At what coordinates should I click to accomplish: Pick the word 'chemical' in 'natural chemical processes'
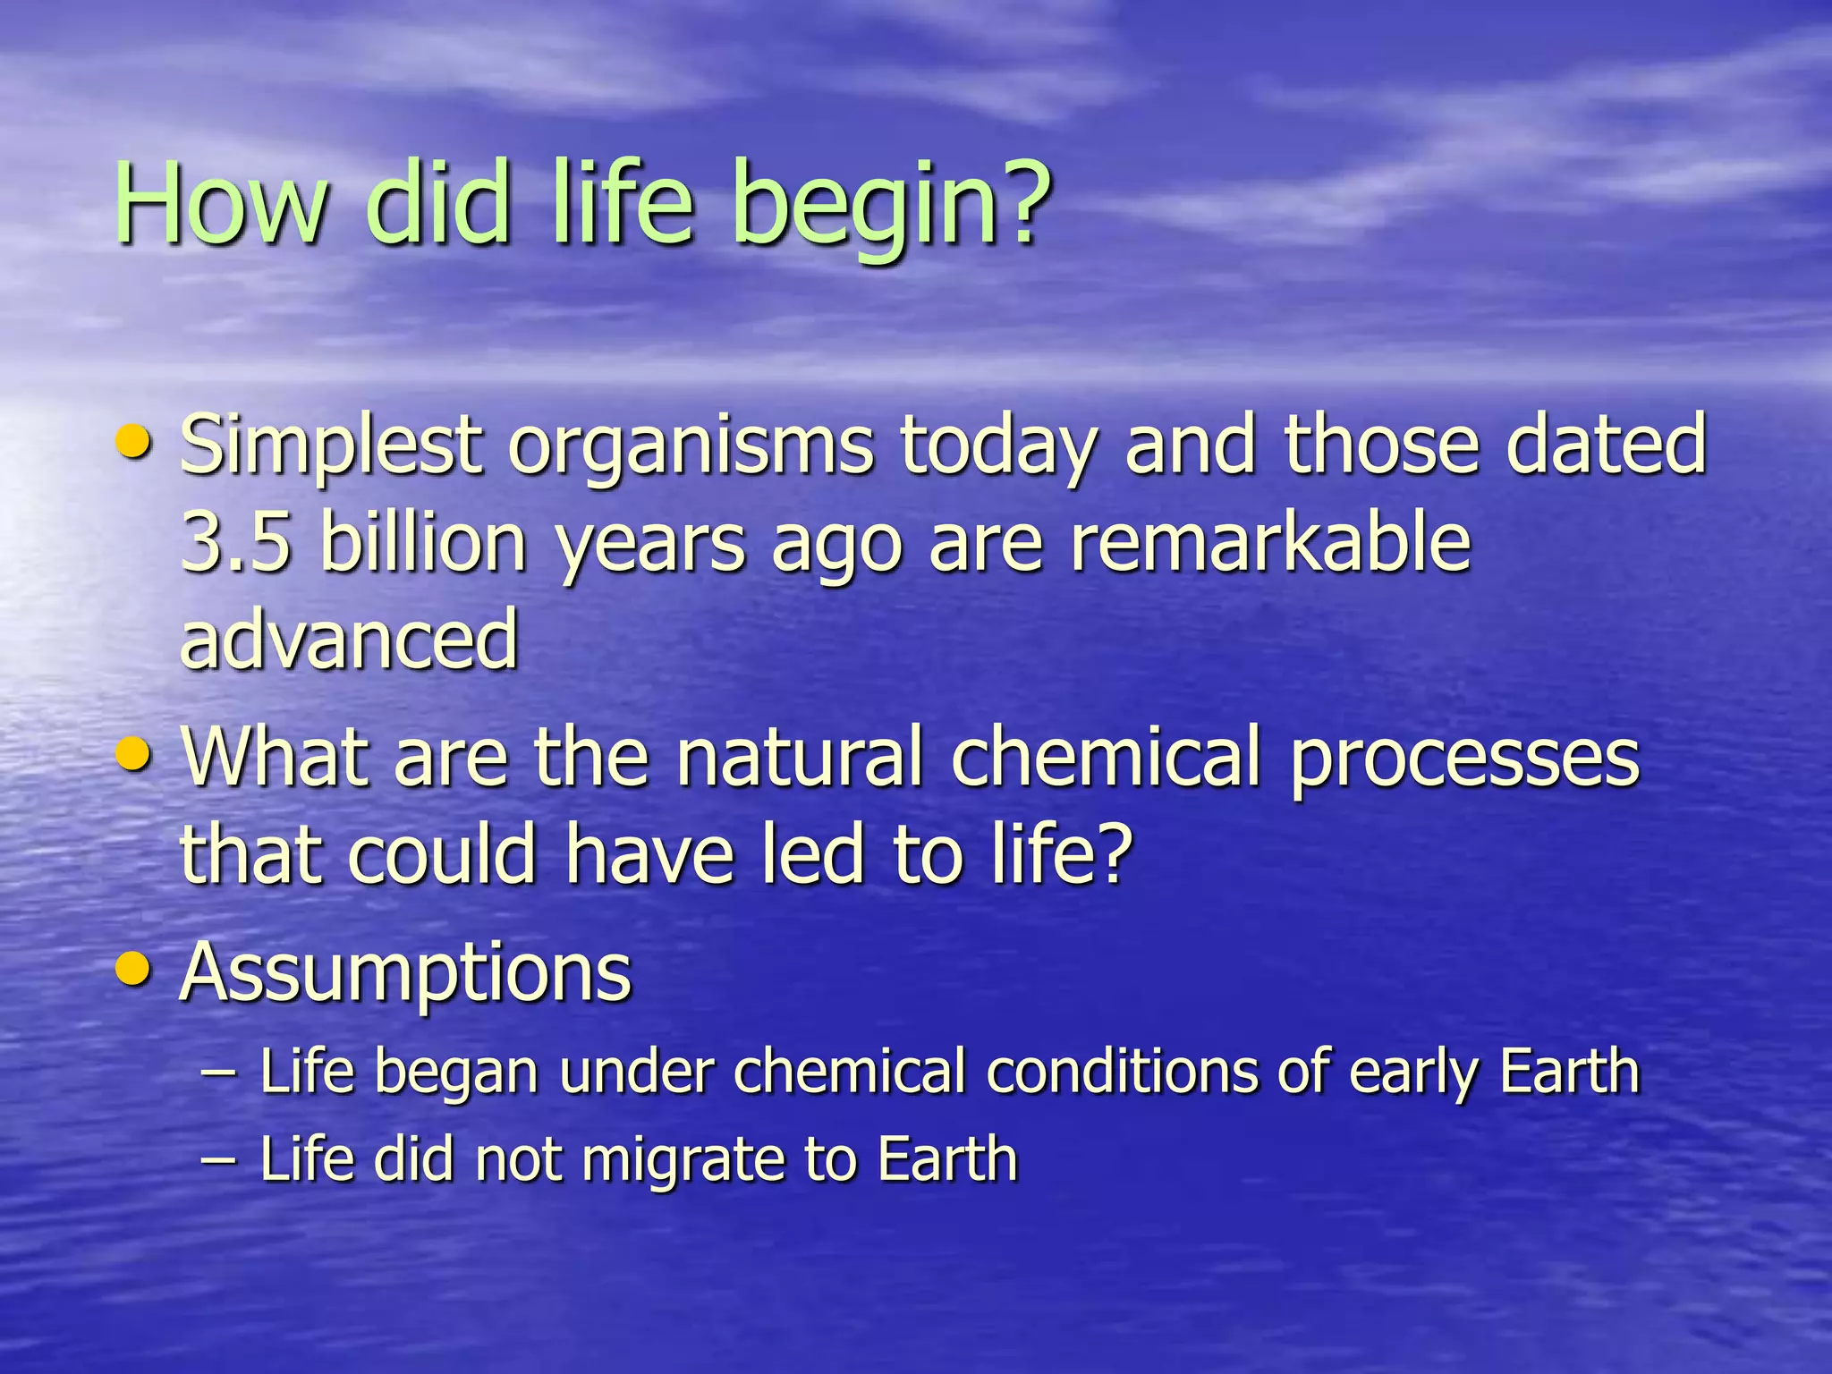(1106, 758)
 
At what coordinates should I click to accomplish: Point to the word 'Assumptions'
(405, 973)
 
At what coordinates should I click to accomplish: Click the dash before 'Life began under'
(220, 1073)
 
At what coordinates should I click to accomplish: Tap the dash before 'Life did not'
(220, 1160)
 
